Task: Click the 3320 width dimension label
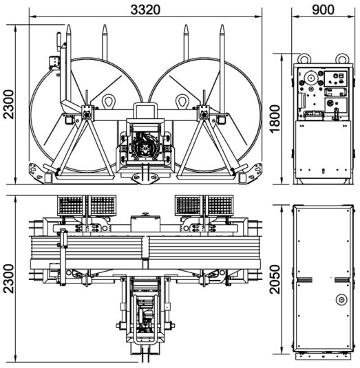[145, 10]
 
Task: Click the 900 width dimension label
[323, 10]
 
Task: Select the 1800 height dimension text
[275, 119]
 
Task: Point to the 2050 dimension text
[275, 279]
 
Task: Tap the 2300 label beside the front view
[9, 104]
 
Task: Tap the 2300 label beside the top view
[9, 279]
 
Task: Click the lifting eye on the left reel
[109, 101]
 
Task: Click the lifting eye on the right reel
[182, 101]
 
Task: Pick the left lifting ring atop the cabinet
[304, 58]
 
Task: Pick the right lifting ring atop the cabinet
[341, 58]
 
